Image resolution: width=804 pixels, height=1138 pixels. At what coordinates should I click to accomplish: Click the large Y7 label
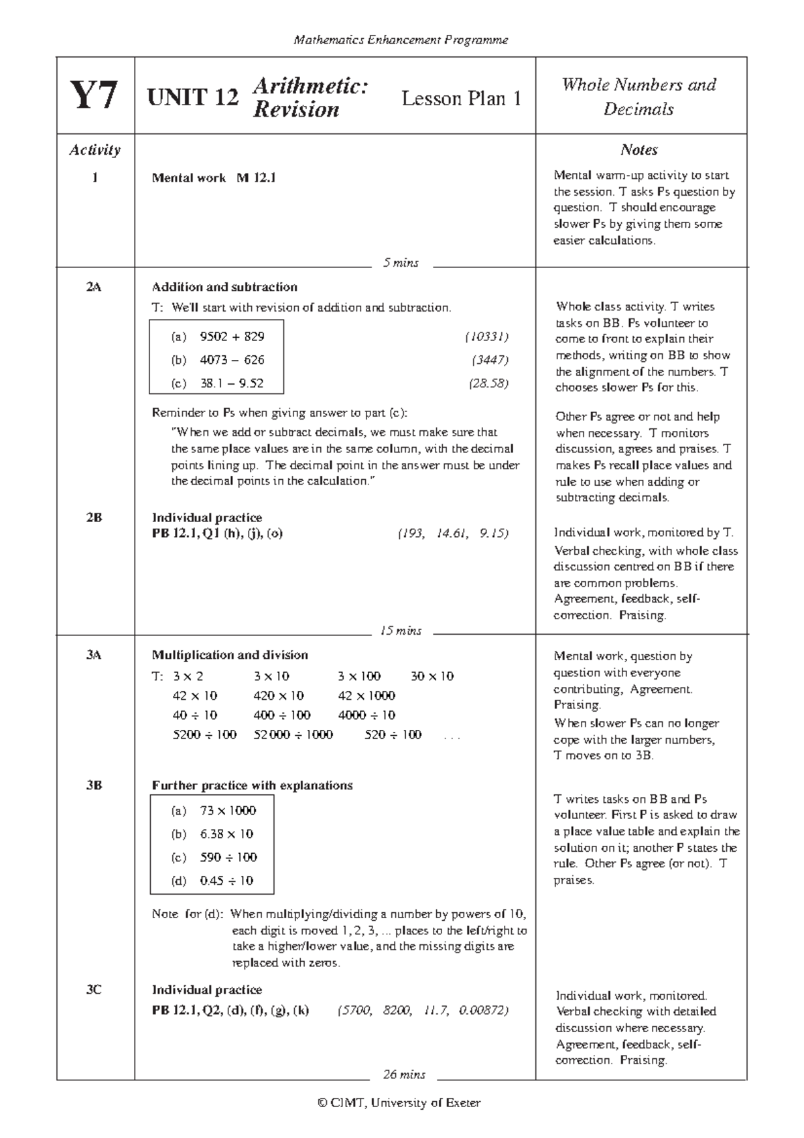[x=94, y=96]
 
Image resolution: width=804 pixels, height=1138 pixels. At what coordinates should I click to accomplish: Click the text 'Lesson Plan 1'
[x=461, y=99]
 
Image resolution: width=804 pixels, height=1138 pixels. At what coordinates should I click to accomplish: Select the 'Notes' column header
[x=639, y=149]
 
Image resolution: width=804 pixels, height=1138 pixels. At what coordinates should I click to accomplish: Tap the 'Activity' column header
[x=94, y=149]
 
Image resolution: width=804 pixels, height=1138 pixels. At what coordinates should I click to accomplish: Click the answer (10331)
[x=486, y=336]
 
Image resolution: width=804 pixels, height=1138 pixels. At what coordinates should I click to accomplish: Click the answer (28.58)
[x=488, y=383]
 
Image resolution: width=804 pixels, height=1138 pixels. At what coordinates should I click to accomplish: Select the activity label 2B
[x=94, y=517]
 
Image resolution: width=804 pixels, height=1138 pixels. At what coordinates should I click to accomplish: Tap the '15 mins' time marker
[x=401, y=631]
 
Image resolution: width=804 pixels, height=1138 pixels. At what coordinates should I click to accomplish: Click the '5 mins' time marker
[x=401, y=263]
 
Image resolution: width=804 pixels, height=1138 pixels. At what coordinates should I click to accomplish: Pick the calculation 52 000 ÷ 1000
[x=293, y=735]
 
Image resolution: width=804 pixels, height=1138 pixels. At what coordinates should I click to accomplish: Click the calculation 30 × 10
[x=431, y=676]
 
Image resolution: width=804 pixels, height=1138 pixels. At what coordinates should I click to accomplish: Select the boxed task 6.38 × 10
[x=226, y=834]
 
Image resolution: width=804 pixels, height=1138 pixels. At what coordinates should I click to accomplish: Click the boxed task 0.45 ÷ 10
[x=226, y=881]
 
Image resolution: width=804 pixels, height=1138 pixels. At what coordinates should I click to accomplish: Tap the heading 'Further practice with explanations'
[x=252, y=785]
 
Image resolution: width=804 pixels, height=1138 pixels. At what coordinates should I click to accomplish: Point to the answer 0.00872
[x=483, y=1010]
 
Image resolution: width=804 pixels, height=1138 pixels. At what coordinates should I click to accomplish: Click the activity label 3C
[x=94, y=989]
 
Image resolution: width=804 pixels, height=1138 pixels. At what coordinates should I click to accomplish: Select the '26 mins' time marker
[x=403, y=1074]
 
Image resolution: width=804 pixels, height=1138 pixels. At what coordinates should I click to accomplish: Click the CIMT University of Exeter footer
[x=400, y=1102]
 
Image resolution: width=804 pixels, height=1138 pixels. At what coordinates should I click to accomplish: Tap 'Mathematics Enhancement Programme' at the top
[x=401, y=40]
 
